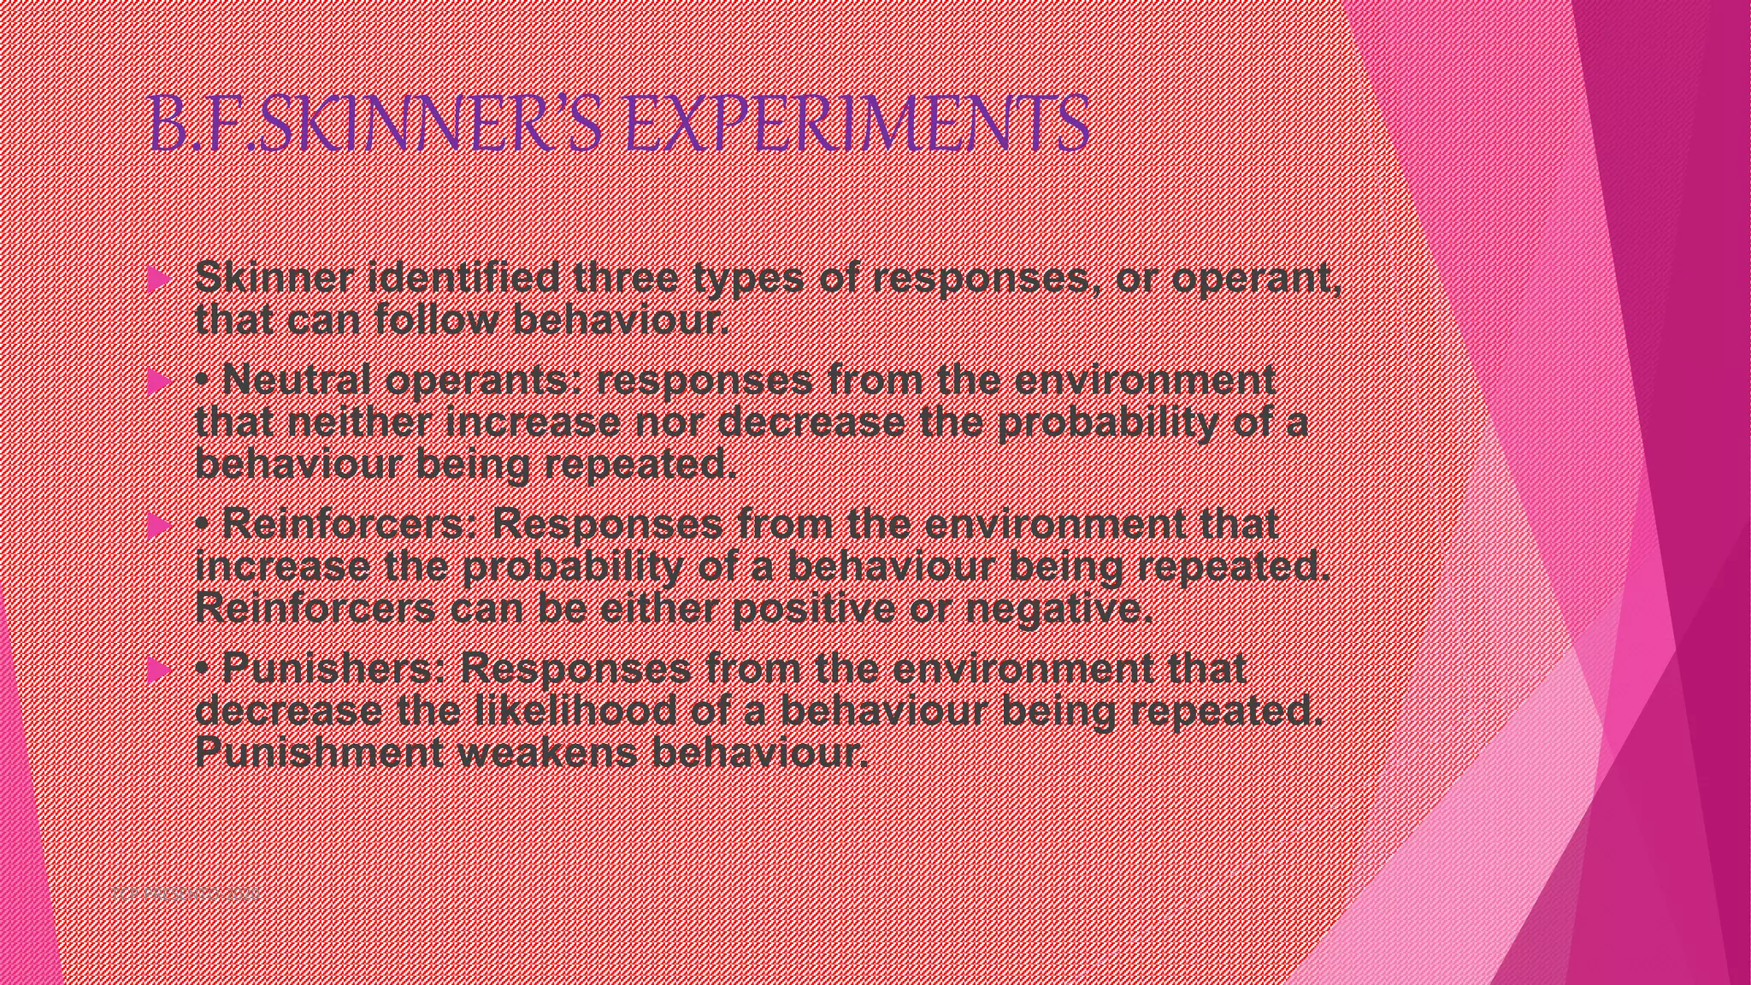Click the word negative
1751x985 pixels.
click(x=1058, y=610)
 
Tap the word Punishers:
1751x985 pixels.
click(x=333, y=669)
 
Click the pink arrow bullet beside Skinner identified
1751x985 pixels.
click(x=158, y=280)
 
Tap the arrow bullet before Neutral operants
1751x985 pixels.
click(x=158, y=381)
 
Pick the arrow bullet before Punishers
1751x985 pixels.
click(x=158, y=669)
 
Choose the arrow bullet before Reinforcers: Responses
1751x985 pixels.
click(x=158, y=525)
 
